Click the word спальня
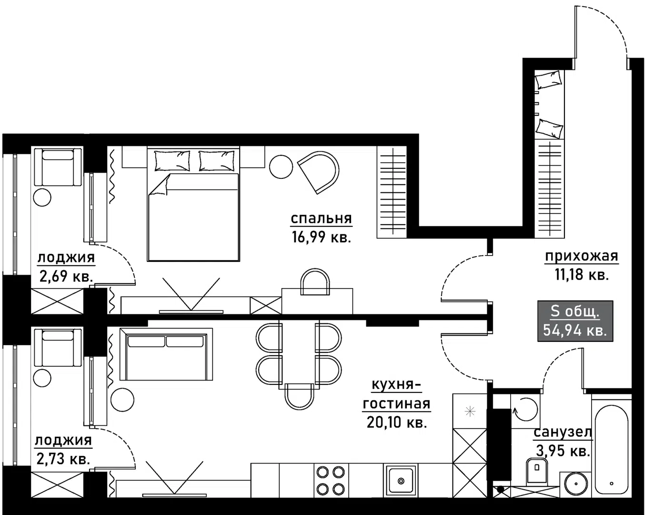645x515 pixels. click(321, 219)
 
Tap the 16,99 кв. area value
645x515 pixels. click(321, 237)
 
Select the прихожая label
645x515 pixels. click(581, 257)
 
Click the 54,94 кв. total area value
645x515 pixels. click(575, 330)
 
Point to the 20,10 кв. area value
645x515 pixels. click(396, 422)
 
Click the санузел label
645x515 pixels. click(563, 433)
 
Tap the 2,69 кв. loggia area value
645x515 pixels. click(66, 277)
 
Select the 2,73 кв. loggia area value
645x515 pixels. click(63, 459)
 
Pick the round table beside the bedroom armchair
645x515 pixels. click(281, 167)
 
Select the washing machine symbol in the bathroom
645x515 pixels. click(524, 409)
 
